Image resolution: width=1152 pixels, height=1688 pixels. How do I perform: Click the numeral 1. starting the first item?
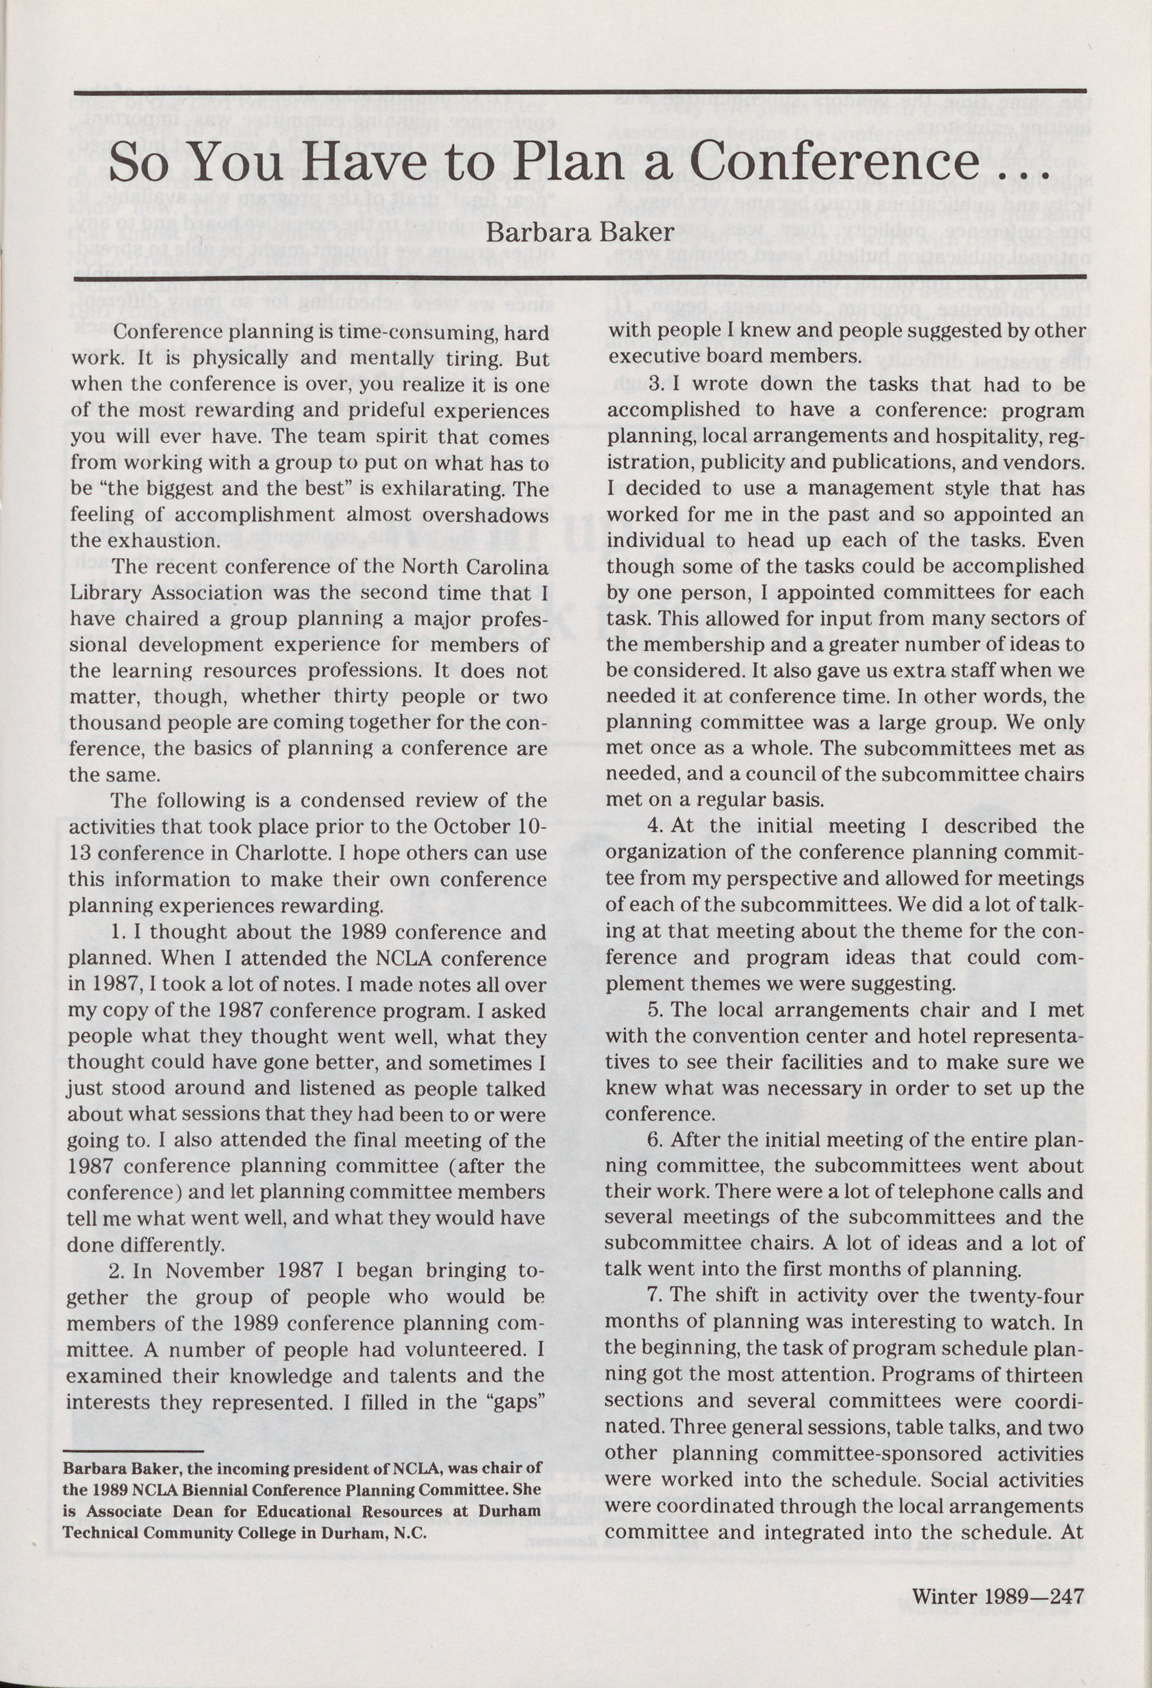[x=119, y=932]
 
